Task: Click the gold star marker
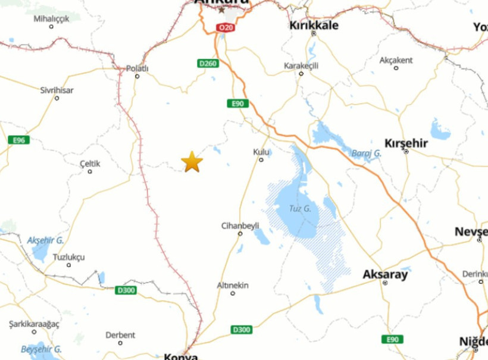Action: click(192, 161)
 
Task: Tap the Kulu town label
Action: click(261, 152)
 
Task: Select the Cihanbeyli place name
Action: click(240, 226)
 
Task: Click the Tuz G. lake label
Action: click(300, 208)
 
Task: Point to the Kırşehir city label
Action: click(406, 143)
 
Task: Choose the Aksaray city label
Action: click(385, 274)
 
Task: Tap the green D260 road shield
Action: click(208, 64)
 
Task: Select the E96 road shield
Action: click(19, 140)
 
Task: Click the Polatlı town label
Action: click(137, 68)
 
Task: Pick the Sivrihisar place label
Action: click(57, 90)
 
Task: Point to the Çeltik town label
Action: click(90, 164)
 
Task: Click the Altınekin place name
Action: click(232, 286)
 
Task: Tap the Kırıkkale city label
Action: click(314, 25)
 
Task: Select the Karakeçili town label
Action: click(301, 65)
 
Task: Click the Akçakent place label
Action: click(396, 60)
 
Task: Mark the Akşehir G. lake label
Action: click(45, 240)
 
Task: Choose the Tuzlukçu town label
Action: click(68, 257)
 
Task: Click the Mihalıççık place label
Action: click(51, 18)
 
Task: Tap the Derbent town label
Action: click(120, 335)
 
